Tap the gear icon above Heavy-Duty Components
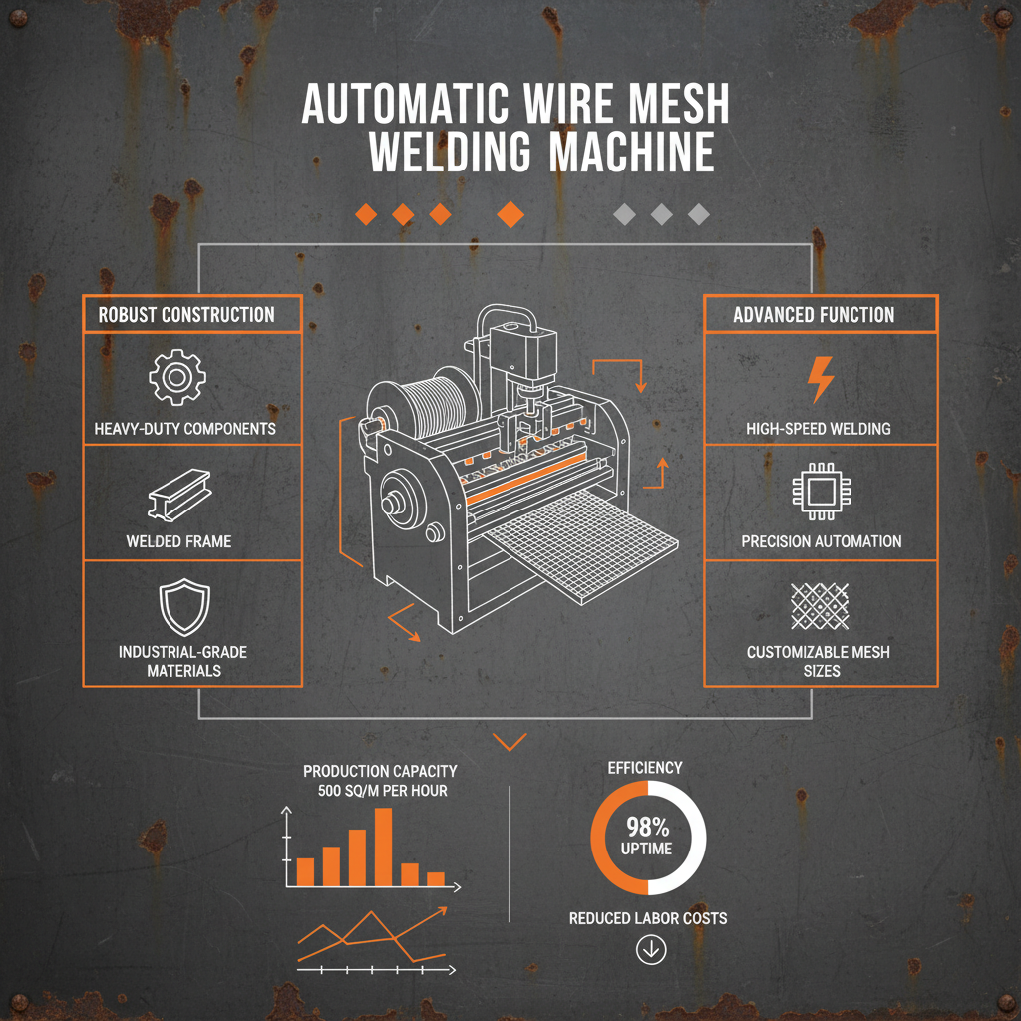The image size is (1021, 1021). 177,376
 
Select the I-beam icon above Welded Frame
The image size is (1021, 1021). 177,494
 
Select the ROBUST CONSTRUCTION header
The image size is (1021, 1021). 186,315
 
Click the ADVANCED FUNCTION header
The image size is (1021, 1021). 814,315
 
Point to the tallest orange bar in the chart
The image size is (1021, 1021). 383,847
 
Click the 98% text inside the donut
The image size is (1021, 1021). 647,827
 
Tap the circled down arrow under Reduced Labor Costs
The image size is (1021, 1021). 650,951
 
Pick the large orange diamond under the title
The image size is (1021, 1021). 510,214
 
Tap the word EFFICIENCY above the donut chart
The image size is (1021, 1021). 645,768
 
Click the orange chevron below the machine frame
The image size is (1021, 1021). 510,742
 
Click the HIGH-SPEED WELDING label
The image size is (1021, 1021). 819,429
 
